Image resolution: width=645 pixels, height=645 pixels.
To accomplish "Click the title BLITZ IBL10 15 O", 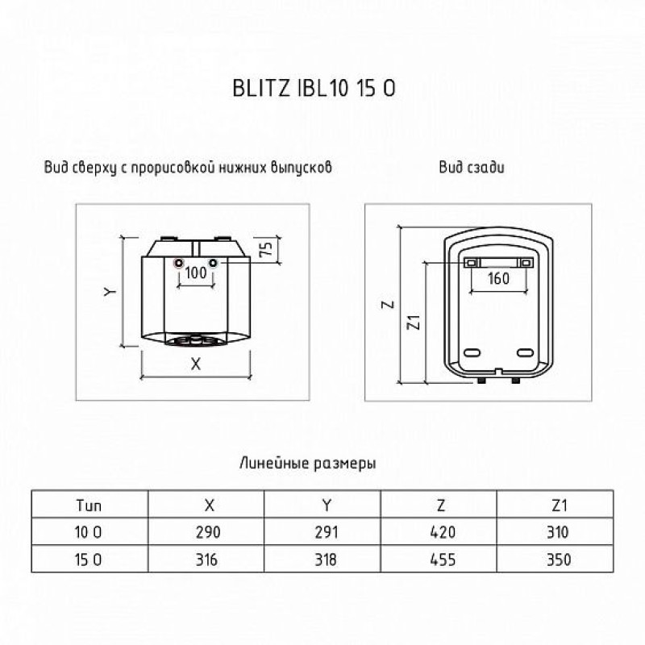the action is pyautogui.click(x=314, y=88).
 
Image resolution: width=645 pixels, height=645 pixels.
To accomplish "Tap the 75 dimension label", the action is pyautogui.click(x=266, y=249).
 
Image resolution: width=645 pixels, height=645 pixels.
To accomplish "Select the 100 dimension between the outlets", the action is pyautogui.click(x=196, y=273).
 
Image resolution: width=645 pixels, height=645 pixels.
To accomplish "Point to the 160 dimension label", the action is pyautogui.click(x=498, y=278).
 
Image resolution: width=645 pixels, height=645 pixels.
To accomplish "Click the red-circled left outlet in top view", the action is pyautogui.click(x=178, y=263).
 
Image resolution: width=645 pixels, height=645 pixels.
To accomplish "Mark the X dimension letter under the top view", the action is pyautogui.click(x=196, y=364).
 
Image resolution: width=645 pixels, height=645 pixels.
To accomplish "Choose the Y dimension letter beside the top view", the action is pyautogui.click(x=110, y=292).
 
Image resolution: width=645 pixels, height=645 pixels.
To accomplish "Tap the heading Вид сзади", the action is pyautogui.click(x=472, y=168).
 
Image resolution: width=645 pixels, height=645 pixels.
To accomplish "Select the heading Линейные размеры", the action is pyautogui.click(x=308, y=464).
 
